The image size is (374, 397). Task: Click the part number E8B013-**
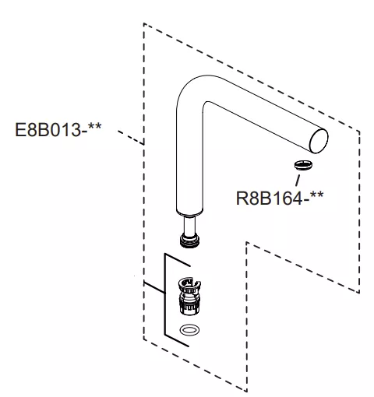(x=58, y=130)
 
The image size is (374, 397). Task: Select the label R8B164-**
(x=280, y=198)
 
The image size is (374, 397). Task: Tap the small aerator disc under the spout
(x=303, y=165)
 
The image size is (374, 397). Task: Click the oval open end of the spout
(x=319, y=141)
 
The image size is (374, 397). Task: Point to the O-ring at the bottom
(x=189, y=330)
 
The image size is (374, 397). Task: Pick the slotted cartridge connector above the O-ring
(x=189, y=296)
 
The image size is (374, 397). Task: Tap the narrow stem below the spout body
(x=189, y=226)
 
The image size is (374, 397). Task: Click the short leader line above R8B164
(x=298, y=181)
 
